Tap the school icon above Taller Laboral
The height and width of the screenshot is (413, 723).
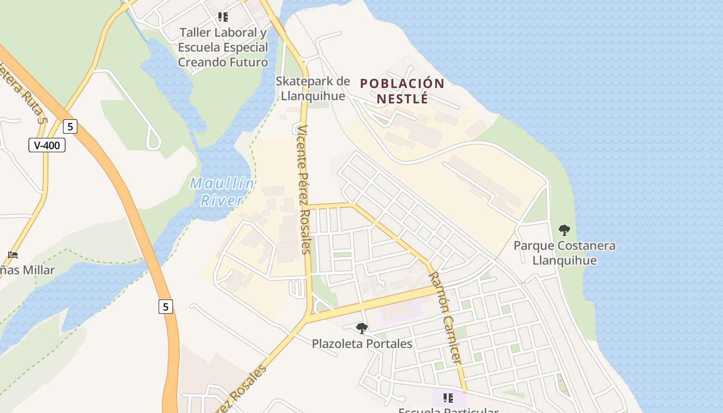[223, 17]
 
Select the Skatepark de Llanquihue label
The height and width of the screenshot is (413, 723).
[312, 88]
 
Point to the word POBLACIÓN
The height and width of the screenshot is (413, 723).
[402, 84]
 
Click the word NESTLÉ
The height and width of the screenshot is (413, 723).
[402, 98]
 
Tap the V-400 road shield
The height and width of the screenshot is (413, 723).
[47, 145]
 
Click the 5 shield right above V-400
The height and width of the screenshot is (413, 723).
[70, 126]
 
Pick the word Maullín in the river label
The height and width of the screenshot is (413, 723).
[222, 183]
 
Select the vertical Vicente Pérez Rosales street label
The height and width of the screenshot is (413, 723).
[304, 189]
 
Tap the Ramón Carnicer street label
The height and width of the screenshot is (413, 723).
[445, 317]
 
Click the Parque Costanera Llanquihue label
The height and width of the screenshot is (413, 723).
[564, 252]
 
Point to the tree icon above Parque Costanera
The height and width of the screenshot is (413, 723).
[564, 230]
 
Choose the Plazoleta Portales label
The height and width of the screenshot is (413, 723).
[362, 344]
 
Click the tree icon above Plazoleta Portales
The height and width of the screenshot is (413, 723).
[362, 328]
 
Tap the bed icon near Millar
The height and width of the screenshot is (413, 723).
[13, 255]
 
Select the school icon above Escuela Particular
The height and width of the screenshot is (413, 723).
[448, 398]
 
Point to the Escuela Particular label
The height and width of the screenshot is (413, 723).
[448, 410]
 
